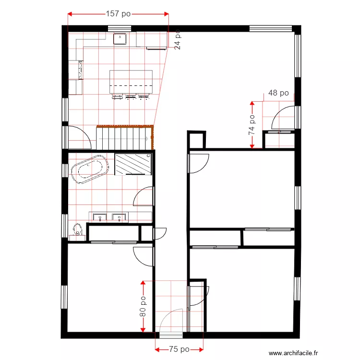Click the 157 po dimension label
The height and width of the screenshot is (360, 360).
tap(118, 14)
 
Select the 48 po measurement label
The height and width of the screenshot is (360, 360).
tap(278, 93)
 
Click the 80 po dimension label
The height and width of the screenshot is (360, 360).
tap(143, 306)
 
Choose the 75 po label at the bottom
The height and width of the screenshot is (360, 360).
tap(179, 349)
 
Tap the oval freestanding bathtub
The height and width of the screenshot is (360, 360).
tap(89, 169)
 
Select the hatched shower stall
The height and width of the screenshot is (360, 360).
tap(133, 164)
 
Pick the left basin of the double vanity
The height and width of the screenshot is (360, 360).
tap(99, 218)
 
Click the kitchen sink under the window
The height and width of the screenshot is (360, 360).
tap(119, 39)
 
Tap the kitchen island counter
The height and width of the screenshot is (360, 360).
tap(131, 81)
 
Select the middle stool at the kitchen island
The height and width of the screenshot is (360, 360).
tap(131, 97)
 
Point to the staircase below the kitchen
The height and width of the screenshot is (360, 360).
tap(124, 138)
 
